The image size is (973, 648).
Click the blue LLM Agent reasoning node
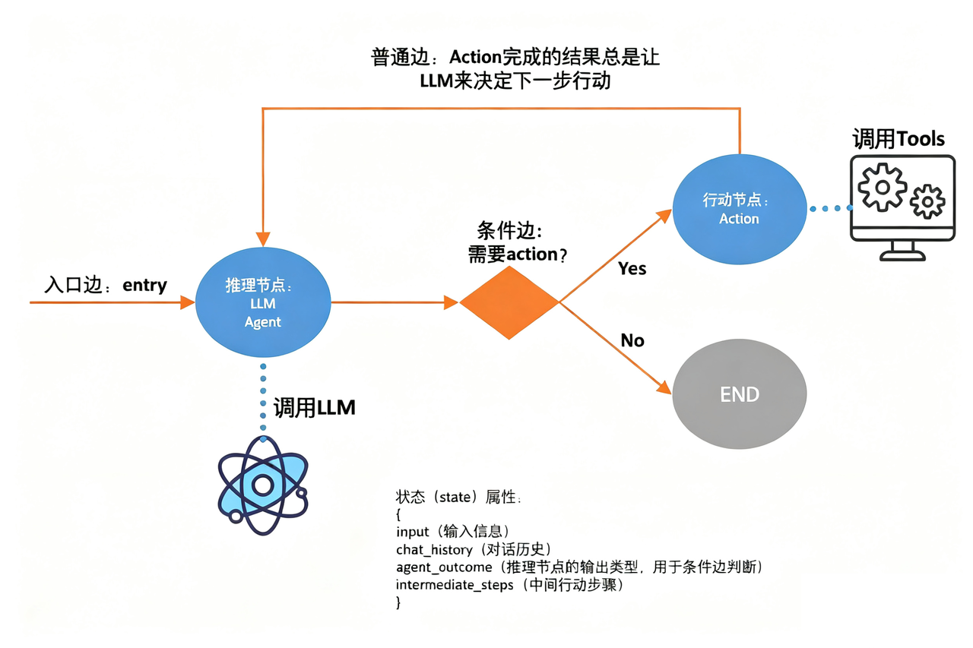(263, 303)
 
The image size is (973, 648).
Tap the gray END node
(739, 395)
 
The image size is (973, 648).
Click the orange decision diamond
(509, 302)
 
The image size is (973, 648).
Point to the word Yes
(632, 268)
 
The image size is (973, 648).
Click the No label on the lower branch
(632, 340)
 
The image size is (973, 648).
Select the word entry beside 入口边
(144, 285)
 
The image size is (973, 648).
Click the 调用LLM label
(314, 408)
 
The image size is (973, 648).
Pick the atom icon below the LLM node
(262, 485)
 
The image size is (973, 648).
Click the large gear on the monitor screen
(882, 187)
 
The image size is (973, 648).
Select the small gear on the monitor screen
(927, 201)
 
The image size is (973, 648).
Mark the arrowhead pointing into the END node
(666, 389)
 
